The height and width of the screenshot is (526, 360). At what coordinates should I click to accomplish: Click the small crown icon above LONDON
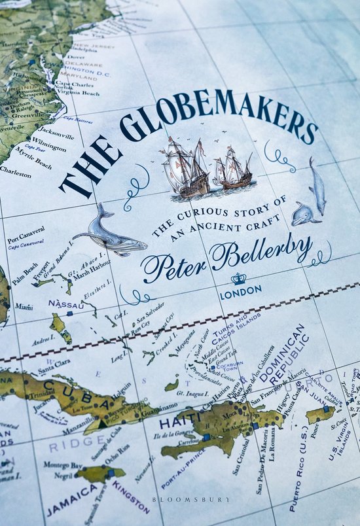coord(238,279)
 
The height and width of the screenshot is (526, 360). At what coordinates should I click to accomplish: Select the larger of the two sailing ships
coord(185,167)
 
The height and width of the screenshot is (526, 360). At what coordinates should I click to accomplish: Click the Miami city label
coord(24,307)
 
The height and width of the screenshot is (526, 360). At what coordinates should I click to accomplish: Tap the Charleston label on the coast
coord(15,175)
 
